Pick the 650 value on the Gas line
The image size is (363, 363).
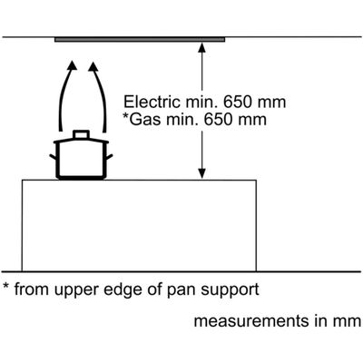(219, 120)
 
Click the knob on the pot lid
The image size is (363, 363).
(81, 134)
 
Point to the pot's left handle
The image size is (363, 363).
(54, 157)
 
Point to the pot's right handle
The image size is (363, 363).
(109, 157)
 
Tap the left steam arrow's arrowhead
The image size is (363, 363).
(72, 66)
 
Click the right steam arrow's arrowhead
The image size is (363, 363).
(93, 66)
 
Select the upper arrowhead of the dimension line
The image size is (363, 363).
(202, 47)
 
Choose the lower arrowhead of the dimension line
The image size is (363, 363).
(202, 173)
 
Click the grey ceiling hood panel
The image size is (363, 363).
(140, 40)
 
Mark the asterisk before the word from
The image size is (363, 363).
(6, 286)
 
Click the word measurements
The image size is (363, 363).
(250, 321)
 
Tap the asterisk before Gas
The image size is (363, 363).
(126, 116)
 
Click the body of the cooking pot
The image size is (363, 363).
(81, 161)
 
